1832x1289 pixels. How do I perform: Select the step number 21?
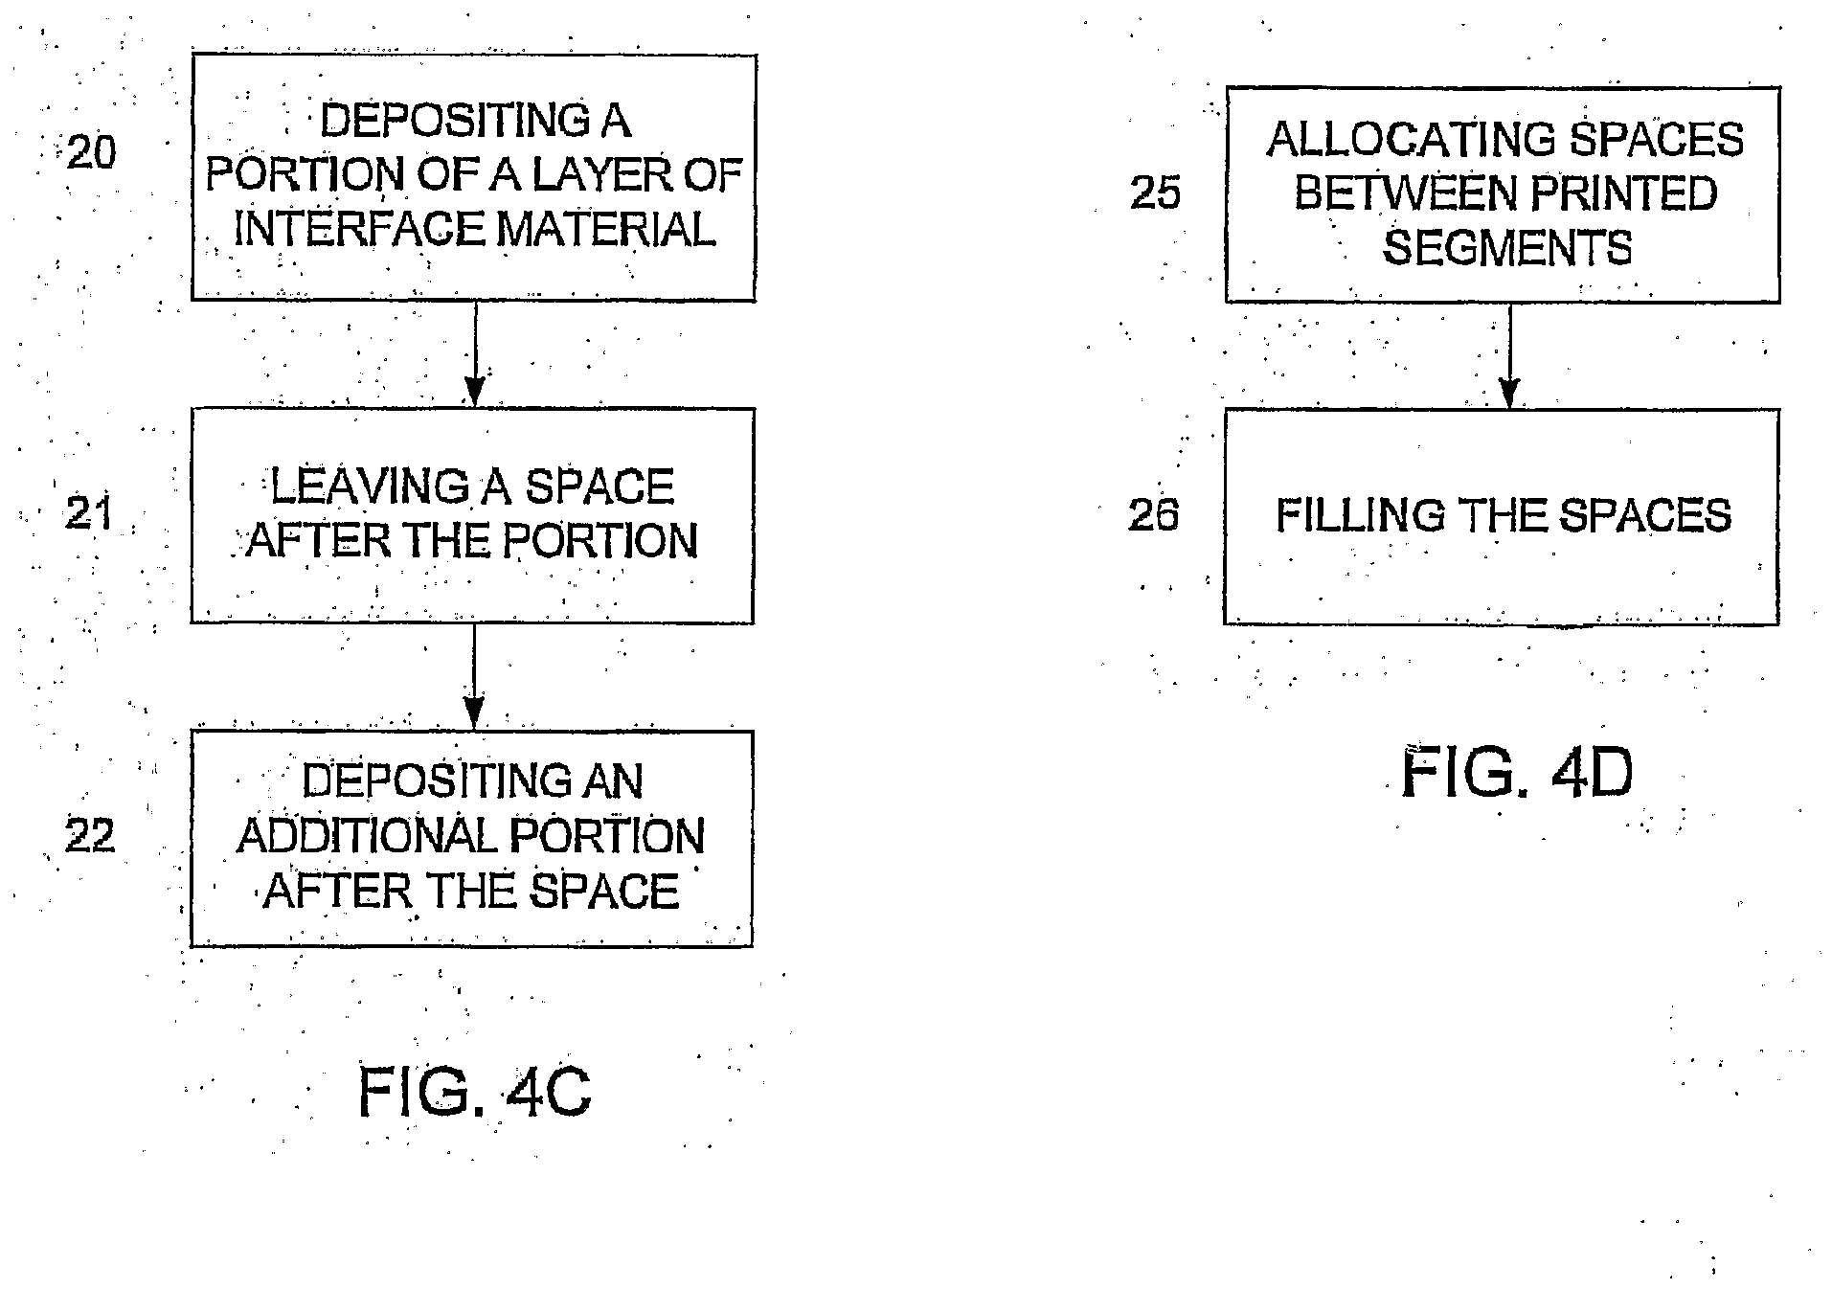click(x=88, y=514)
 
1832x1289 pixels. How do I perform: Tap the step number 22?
click(x=89, y=836)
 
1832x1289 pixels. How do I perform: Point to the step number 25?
click(x=1155, y=193)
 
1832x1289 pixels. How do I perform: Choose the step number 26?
click(x=1153, y=515)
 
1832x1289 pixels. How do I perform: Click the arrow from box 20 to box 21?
click(x=474, y=354)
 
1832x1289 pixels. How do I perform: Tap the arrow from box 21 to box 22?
click(x=474, y=676)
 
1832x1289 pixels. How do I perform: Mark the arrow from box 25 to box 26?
click(x=1509, y=355)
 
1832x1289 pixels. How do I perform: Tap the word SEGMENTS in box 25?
click(x=1507, y=248)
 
